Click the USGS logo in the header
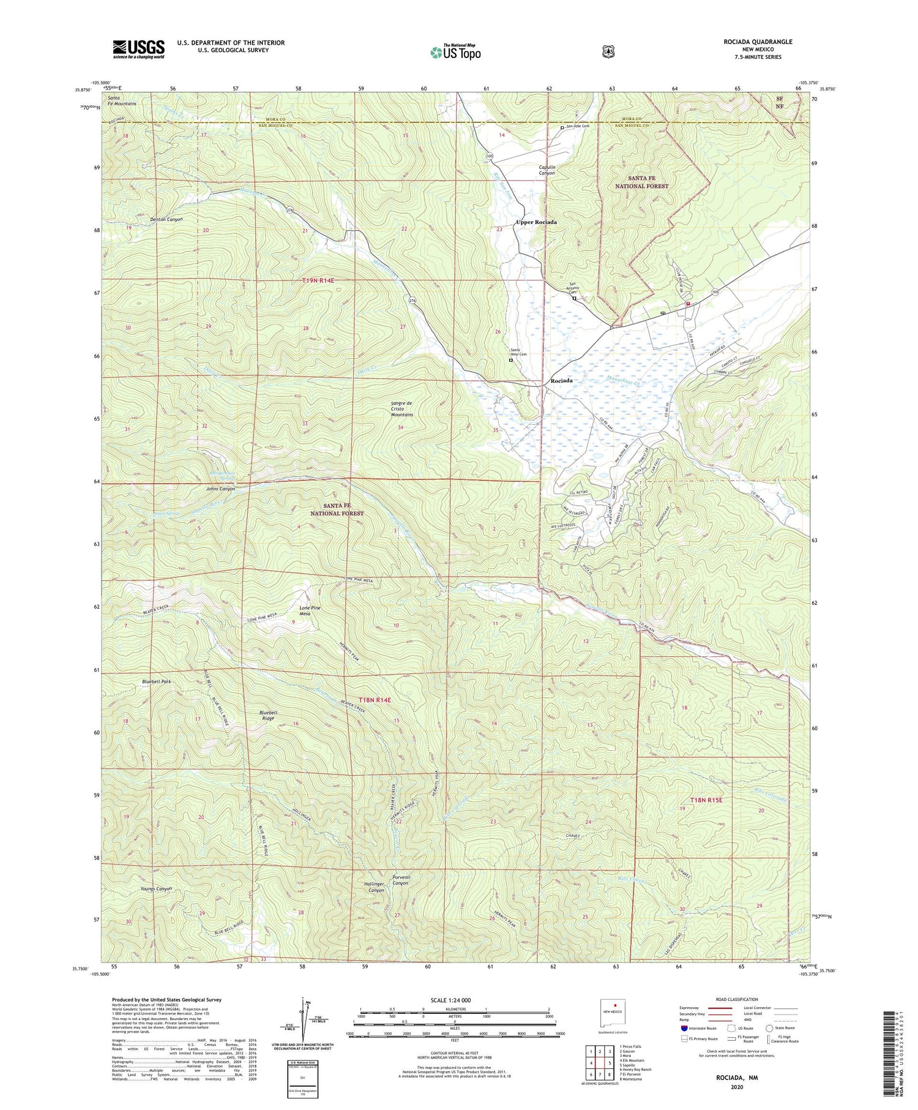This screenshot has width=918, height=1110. coord(138,49)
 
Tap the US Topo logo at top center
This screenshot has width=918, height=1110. coord(455,52)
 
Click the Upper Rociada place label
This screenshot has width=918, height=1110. coord(536,222)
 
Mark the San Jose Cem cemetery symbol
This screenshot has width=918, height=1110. coord(562,127)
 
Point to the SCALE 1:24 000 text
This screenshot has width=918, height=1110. coord(454,1000)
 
